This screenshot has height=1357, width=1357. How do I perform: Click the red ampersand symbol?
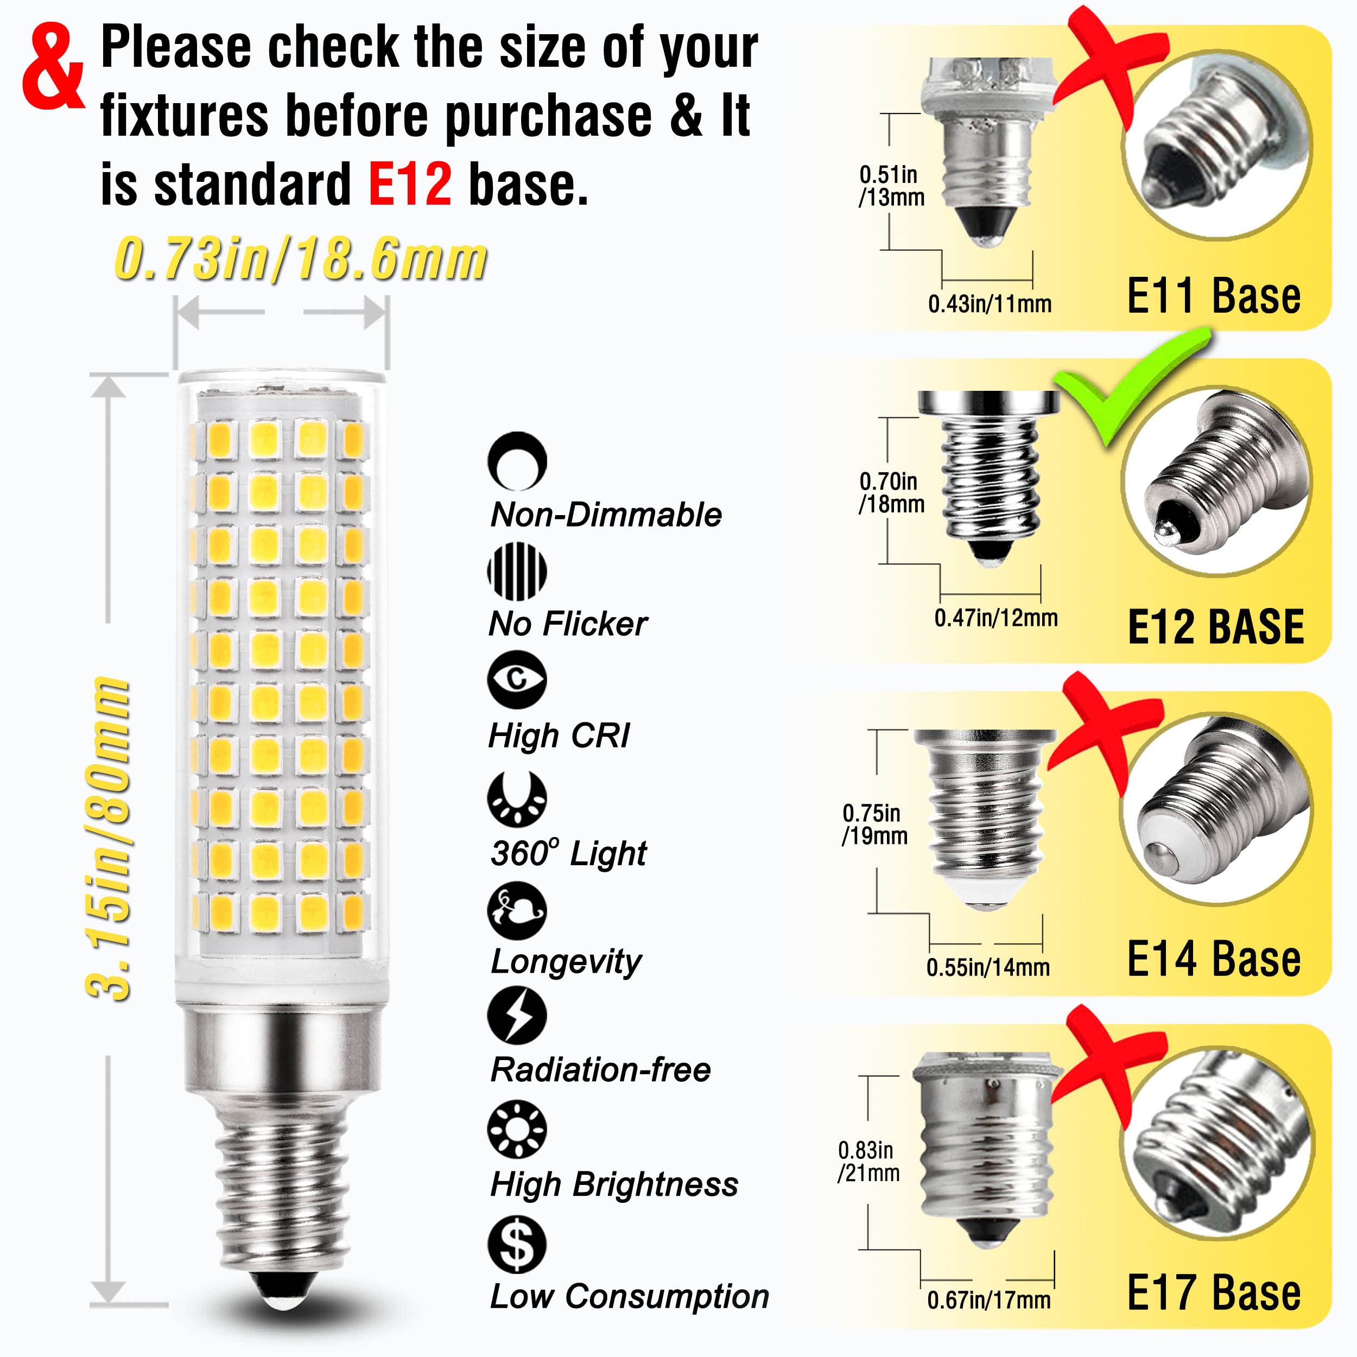[x=53, y=68]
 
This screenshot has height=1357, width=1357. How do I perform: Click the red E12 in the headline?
[x=409, y=184]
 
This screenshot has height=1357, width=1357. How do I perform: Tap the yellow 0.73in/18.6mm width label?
[x=301, y=260]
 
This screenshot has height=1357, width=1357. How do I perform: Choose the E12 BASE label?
[x=1215, y=627]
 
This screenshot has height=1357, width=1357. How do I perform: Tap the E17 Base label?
[x=1213, y=1292]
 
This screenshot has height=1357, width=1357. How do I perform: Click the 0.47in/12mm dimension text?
[x=995, y=618]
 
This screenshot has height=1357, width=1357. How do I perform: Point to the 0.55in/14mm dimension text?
[x=987, y=967]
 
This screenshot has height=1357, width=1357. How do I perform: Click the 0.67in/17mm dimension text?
[x=988, y=1300]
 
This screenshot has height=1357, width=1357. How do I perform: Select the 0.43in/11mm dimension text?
[x=989, y=304]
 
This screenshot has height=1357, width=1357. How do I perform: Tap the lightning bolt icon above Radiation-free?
[x=517, y=1016]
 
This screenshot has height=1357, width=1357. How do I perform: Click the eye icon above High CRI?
[x=517, y=679]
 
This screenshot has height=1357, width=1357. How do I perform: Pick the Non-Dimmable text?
[x=605, y=515]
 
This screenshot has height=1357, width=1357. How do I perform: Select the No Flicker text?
[x=568, y=624]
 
